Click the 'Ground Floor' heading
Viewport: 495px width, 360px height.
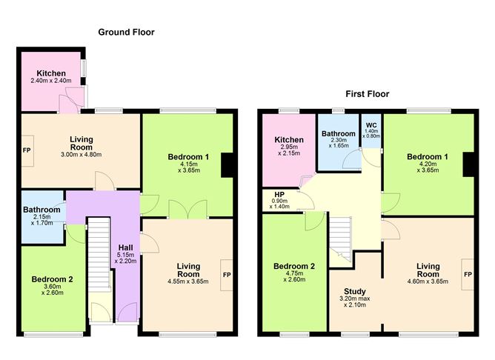pyautogui.click(x=126, y=32)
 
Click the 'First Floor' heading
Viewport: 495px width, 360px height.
pyautogui.click(x=367, y=94)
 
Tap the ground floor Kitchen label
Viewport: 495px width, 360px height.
pyautogui.click(x=49, y=73)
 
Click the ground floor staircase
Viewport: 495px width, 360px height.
pyautogui.click(x=99, y=256)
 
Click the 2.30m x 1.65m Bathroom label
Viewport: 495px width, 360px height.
pyautogui.click(x=338, y=134)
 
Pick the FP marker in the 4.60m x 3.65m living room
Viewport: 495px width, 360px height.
pyautogui.click(x=468, y=274)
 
